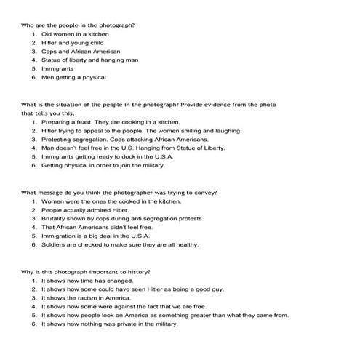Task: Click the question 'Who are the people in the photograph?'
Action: (78, 25)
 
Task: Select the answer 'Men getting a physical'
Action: (73, 78)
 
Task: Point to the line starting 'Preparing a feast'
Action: (111, 121)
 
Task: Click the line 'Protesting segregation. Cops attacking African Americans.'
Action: (124, 139)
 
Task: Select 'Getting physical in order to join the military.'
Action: (103, 165)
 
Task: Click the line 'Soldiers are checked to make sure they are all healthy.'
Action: (119, 244)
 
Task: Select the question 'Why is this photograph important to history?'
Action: (86, 271)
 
